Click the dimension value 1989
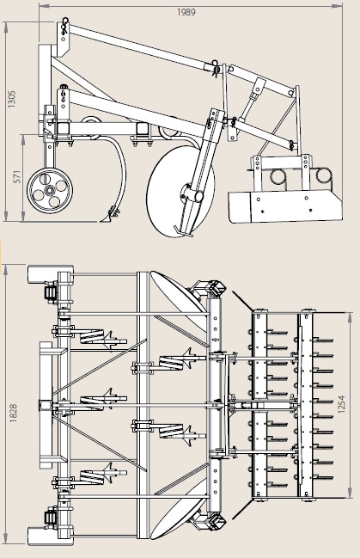point(186,12)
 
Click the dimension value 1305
point(12,99)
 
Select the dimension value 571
point(17,177)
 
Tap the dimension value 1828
point(13,414)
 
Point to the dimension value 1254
point(342,403)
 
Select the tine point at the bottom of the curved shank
point(108,217)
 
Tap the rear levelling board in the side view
point(284,205)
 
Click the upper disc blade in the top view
point(177,297)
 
